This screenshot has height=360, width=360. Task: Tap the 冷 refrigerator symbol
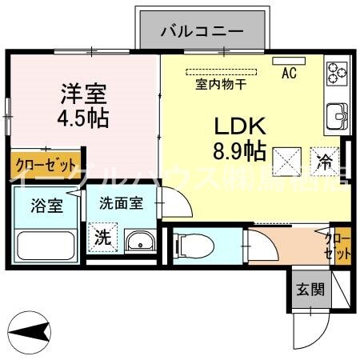[324, 160]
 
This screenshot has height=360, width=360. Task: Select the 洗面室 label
[121, 203]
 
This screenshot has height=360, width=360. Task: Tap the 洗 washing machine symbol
[103, 237]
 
